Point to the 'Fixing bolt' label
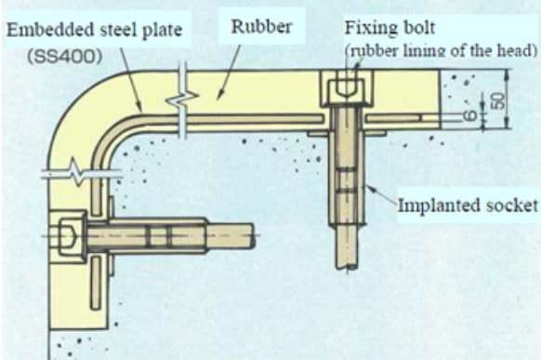(x=383, y=27)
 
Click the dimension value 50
(x=498, y=100)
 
